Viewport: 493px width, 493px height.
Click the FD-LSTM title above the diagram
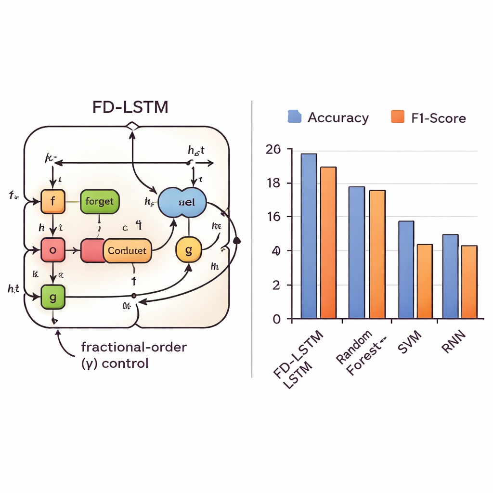[130, 107]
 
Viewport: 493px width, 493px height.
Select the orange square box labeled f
[52, 201]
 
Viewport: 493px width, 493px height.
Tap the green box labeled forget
[100, 201]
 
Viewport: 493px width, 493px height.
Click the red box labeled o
[52, 250]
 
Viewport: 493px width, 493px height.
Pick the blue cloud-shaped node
[182, 202]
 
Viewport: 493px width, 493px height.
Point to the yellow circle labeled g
[188, 250]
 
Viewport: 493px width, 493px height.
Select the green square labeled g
[52, 297]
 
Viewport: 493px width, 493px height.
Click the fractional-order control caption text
[133, 354]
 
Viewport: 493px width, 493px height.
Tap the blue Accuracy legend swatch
[294, 117]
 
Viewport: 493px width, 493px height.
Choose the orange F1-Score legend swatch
[398, 117]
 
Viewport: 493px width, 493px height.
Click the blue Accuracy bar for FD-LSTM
[309, 236]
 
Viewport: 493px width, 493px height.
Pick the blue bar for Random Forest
[357, 252]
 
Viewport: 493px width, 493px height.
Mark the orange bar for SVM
[425, 281]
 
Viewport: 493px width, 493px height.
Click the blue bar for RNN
[450, 276]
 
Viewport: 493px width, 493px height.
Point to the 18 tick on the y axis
[273, 183]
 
